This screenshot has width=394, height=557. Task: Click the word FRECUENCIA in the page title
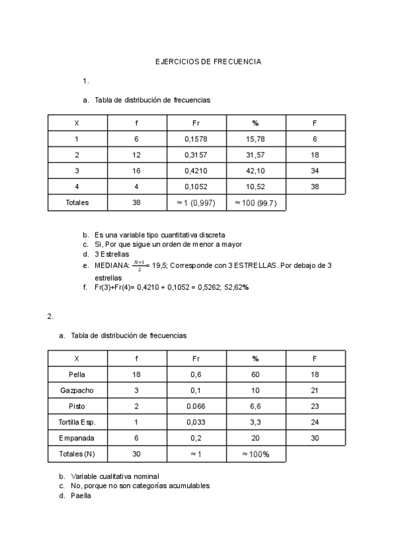point(236,62)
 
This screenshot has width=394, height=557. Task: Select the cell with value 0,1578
point(196,139)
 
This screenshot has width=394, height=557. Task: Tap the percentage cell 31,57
point(255,155)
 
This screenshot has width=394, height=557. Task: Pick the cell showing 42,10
point(255,171)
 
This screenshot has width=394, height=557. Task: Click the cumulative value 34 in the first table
point(315,171)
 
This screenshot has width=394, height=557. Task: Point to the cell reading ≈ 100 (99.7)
point(255,203)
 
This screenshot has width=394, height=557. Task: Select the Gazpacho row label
point(77,391)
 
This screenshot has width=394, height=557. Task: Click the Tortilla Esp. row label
point(77,422)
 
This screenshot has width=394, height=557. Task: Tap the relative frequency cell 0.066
point(196,407)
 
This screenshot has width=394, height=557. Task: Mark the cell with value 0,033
point(196,422)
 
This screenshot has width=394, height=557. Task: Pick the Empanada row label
point(77,438)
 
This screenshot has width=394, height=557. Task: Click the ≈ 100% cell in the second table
point(255,454)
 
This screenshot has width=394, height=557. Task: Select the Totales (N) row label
point(77,454)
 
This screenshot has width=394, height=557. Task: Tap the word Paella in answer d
point(81,496)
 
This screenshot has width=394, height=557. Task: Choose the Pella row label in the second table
point(77,375)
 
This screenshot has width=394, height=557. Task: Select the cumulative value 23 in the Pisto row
point(315,407)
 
